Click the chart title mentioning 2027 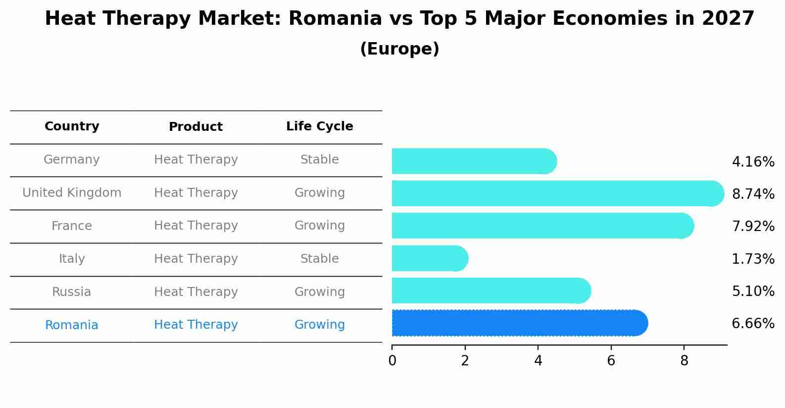click(x=399, y=19)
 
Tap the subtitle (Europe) click(x=399, y=49)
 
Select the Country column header click(x=72, y=126)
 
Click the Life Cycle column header click(x=319, y=126)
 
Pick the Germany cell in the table click(x=72, y=160)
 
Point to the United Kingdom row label click(x=72, y=193)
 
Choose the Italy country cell click(x=72, y=259)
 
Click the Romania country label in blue click(x=72, y=325)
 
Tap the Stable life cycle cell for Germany click(x=319, y=160)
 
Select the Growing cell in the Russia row click(x=319, y=292)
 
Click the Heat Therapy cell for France click(x=196, y=226)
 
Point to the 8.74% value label click(x=753, y=194)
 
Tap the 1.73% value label click(x=753, y=259)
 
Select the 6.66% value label click(x=753, y=324)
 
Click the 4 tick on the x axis click(x=538, y=360)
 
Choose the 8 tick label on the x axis click(x=684, y=360)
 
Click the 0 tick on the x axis click(x=392, y=360)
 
